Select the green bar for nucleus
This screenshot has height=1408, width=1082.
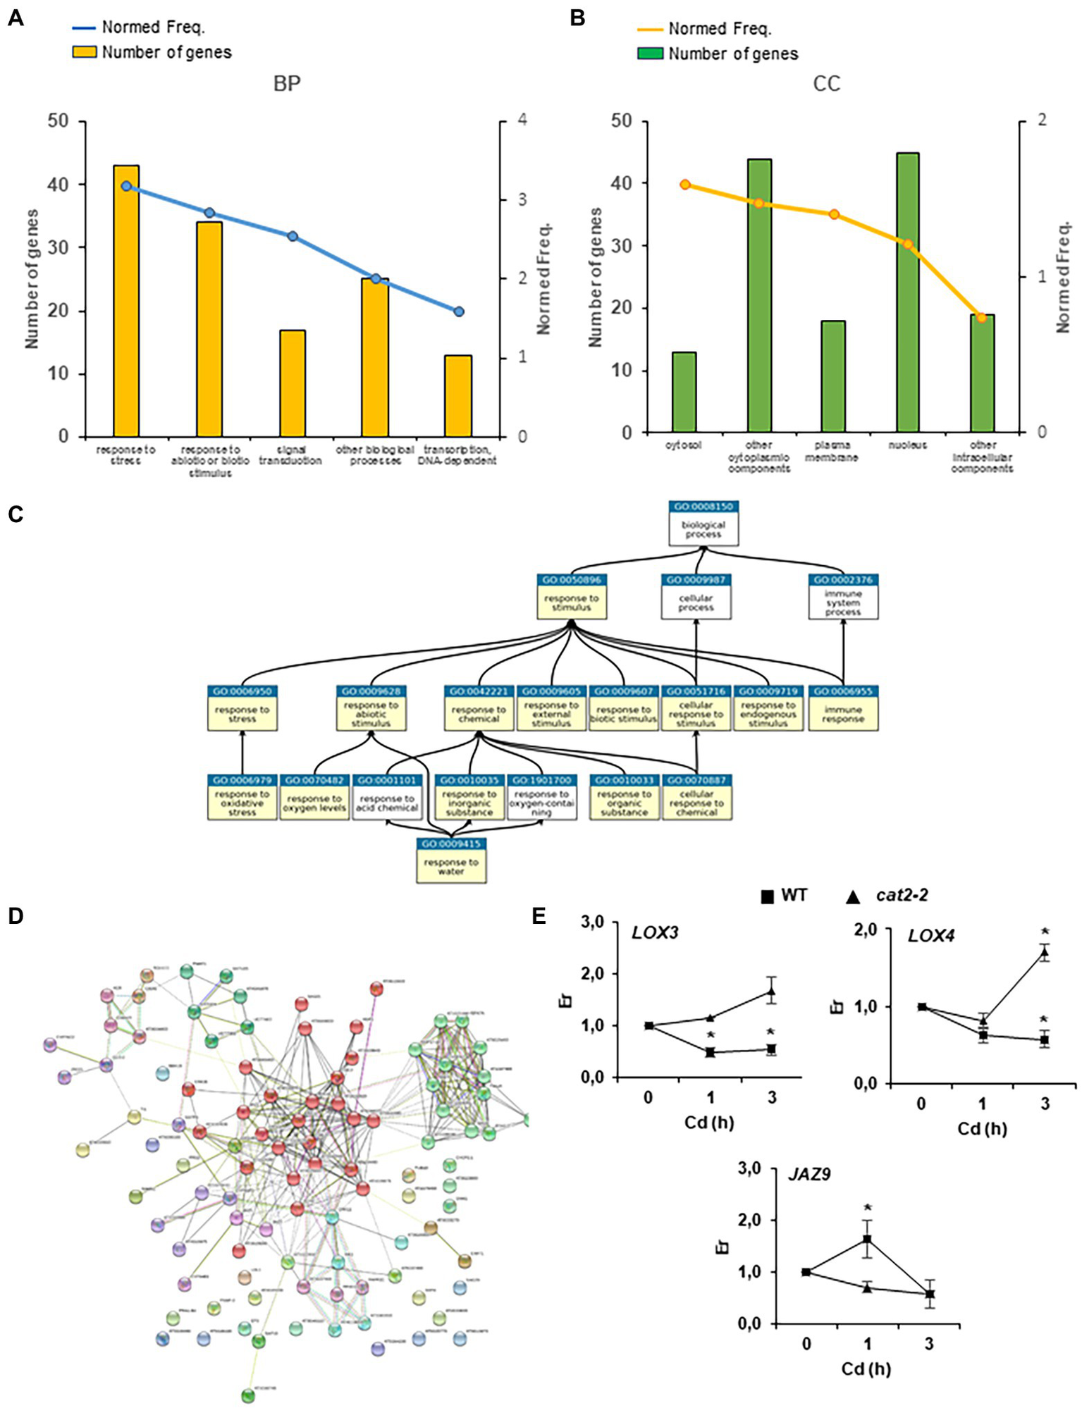point(907,292)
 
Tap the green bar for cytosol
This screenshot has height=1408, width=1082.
point(684,392)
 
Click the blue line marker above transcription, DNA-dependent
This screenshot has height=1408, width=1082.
point(459,311)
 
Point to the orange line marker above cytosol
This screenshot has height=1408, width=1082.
point(685,185)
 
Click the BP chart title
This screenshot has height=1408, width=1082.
point(287,83)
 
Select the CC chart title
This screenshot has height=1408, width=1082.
point(827,83)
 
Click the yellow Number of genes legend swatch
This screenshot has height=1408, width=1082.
point(84,51)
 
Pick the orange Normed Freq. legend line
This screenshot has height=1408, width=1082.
point(649,30)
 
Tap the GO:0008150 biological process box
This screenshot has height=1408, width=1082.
point(703,523)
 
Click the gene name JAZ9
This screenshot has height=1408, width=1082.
point(809,1174)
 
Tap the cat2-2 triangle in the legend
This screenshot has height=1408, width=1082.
point(852,896)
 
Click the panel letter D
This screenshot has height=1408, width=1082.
point(16,915)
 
